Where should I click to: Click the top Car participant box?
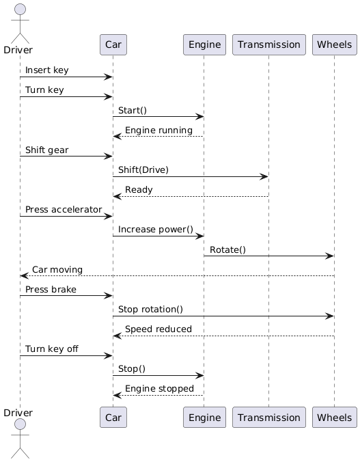point(113,45)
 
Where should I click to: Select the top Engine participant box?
point(204,45)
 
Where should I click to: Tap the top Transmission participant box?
point(268,45)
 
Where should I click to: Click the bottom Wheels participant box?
point(334,417)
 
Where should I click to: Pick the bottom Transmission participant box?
point(268,417)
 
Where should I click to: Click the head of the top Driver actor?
point(19,10)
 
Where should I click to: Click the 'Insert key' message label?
point(46,70)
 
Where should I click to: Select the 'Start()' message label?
point(133,110)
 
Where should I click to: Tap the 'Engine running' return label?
point(158,130)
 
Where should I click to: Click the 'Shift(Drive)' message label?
point(143,169)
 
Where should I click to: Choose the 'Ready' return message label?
point(139,189)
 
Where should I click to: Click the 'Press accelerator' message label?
point(64,209)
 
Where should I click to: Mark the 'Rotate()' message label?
point(227,249)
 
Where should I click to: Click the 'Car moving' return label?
point(57,269)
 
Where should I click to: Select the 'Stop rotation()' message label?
point(150,309)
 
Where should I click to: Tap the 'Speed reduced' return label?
point(158,329)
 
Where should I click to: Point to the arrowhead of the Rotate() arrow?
point(330,256)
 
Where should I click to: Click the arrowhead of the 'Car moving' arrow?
point(24,276)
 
